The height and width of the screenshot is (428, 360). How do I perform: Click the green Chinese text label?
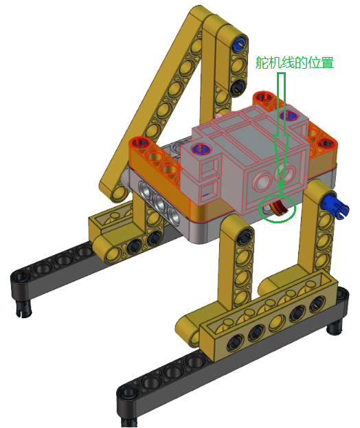(295, 63)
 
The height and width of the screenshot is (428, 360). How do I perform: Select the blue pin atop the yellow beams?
(239, 43)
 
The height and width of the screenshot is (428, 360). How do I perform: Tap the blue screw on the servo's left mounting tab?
(201, 150)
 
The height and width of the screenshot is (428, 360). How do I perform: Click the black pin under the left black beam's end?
(24, 310)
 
